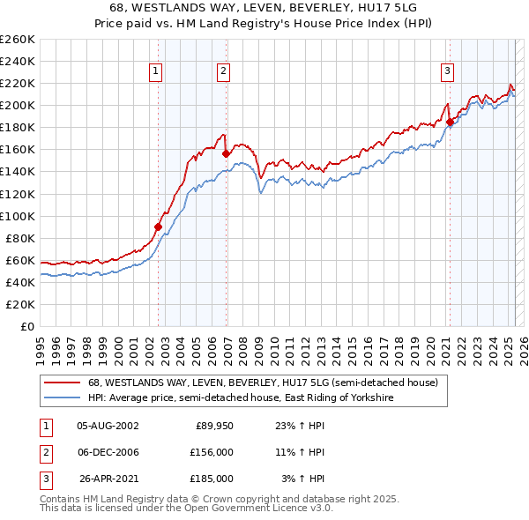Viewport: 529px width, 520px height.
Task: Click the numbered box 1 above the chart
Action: pos(155,71)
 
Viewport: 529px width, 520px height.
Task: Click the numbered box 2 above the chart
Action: pos(224,71)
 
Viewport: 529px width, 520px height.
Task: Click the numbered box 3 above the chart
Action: pos(448,71)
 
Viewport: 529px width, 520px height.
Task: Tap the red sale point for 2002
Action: pos(159,227)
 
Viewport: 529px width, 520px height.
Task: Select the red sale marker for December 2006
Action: pos(227,152)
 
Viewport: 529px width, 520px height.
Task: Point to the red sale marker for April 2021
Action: pos(450,122)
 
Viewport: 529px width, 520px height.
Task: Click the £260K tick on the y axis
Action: pos(18,40)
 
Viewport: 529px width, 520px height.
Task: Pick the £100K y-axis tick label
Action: pos(18,216)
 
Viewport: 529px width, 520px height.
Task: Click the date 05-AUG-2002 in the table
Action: pos(108,426)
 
